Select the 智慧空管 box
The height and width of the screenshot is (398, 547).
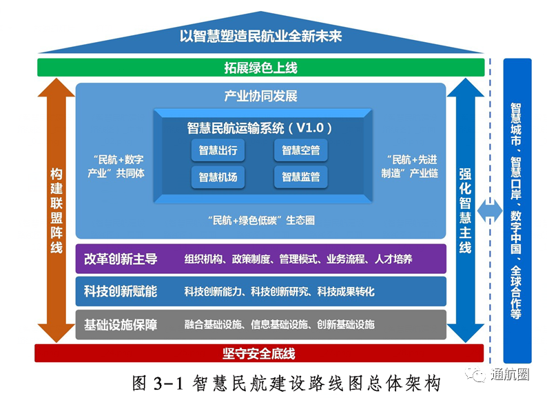coord(300,150)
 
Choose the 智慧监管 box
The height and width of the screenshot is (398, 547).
coord(300,177)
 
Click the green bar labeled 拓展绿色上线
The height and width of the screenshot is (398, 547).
coord(260,68)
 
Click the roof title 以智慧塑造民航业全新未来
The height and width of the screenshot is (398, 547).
coord(260,37)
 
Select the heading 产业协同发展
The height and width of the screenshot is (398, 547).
coord(260,96)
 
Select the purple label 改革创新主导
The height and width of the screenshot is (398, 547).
coord(121,259)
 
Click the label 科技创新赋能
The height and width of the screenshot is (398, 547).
coord(121,292)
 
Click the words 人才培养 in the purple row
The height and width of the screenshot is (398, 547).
coord(393,260)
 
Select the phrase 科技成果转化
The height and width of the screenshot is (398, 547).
coord(346,292)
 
